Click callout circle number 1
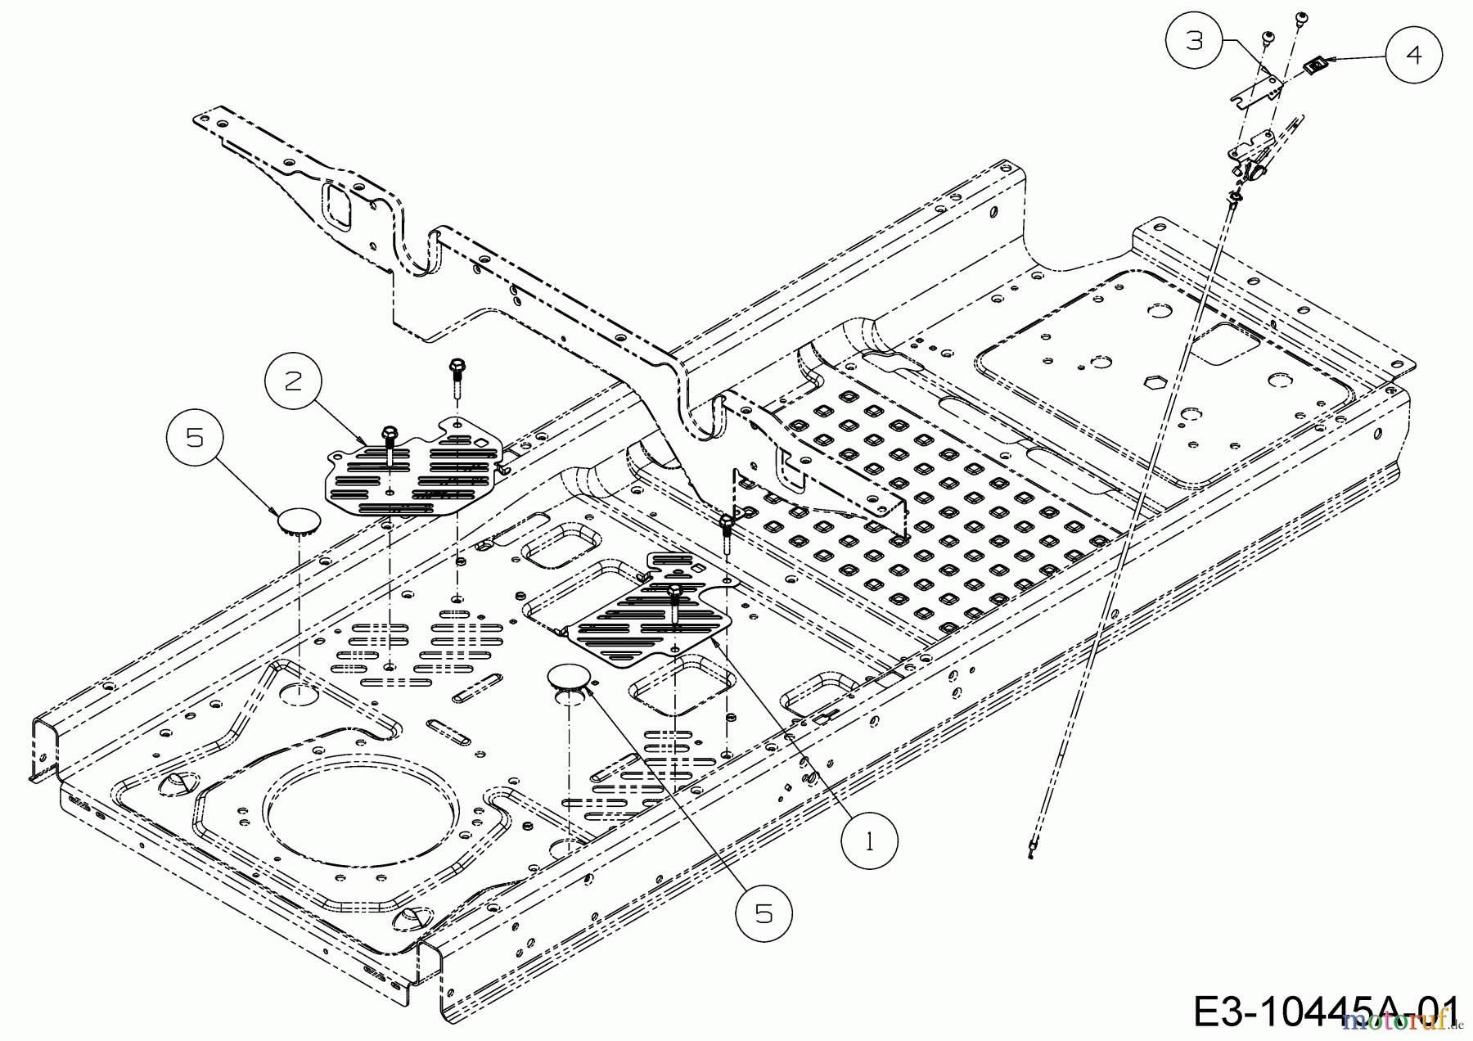pyautogui.click(x=869, y=841)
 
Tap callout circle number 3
pyautogui.click(x=1196, y=40)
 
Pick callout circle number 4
pyautogui.click(x=1414, y=54)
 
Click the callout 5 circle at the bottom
pyautogui.click(x=764, y=914)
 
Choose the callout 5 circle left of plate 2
pyautogui.click(x=196, y=439)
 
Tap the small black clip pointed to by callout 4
pyautogui.click(x=1311, y=64)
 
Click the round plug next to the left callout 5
pyautogui.click(x=298, y=521)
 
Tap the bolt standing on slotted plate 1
pyautogui.click(x=674, y=592)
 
